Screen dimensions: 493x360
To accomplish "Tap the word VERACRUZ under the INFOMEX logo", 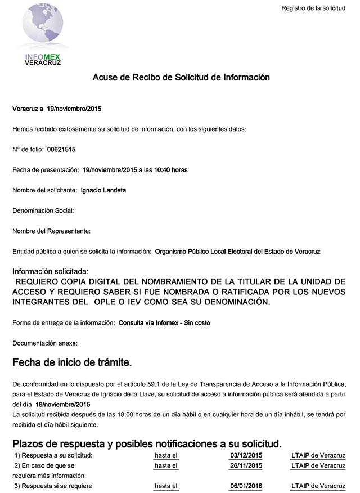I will click(43, 62).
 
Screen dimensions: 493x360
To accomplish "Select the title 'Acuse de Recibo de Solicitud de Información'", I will click(181, 77).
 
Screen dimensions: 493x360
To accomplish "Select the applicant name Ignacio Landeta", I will click(103, 190).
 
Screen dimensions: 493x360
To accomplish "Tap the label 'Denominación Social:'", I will click(43, 210).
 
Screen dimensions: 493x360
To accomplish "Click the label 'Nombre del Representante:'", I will click(51, 231).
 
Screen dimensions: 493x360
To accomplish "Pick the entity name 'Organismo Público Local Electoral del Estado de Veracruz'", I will click(237, 251).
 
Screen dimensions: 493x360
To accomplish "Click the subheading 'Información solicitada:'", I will click(51, 271).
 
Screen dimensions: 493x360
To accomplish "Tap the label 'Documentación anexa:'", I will click(45, 343).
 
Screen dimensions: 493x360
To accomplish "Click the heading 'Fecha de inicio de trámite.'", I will click(72, 361).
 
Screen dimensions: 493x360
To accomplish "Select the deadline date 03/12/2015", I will click(246, 455).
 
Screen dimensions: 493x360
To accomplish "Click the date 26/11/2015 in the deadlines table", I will click(246, 466).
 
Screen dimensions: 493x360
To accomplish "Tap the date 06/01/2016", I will click(246, 486).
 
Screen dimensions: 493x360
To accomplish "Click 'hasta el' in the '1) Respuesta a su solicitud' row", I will click(166, 455).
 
